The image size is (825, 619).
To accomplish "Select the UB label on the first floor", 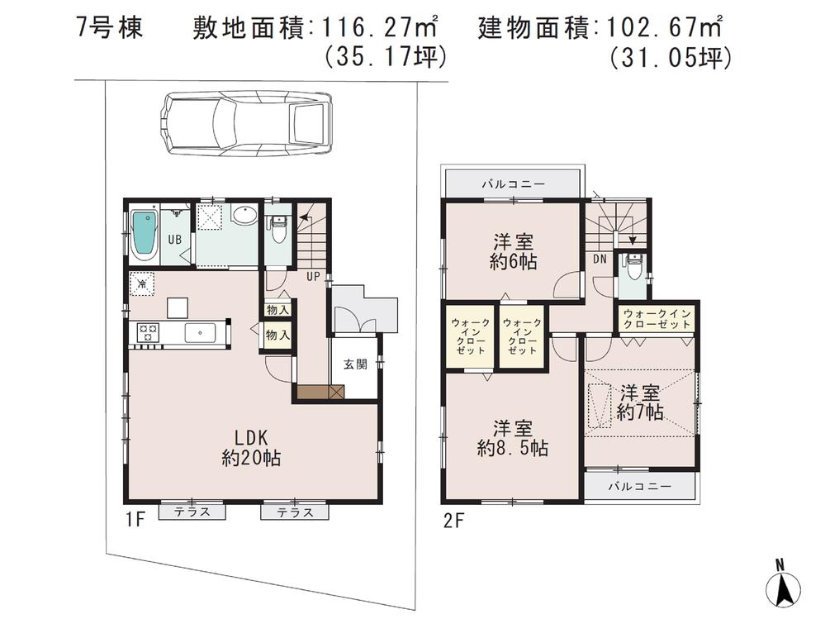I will point(175,239).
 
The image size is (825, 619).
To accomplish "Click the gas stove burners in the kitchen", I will point(148,332).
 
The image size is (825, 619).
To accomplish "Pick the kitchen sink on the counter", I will point(199,332).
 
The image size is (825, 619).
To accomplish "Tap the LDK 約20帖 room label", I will point(250,447).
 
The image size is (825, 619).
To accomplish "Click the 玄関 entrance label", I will point(355,364).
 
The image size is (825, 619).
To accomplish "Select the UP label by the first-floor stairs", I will point(314,275).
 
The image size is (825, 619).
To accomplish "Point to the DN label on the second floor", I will point(600,259).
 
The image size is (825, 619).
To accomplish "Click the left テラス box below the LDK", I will point(192,512).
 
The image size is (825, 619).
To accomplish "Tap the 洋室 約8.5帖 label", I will point(512,439).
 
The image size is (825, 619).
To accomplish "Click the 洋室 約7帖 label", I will point(639,402).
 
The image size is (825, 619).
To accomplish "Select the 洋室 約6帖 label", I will point(513,252).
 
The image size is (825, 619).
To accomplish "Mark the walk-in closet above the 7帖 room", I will point(658,319).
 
